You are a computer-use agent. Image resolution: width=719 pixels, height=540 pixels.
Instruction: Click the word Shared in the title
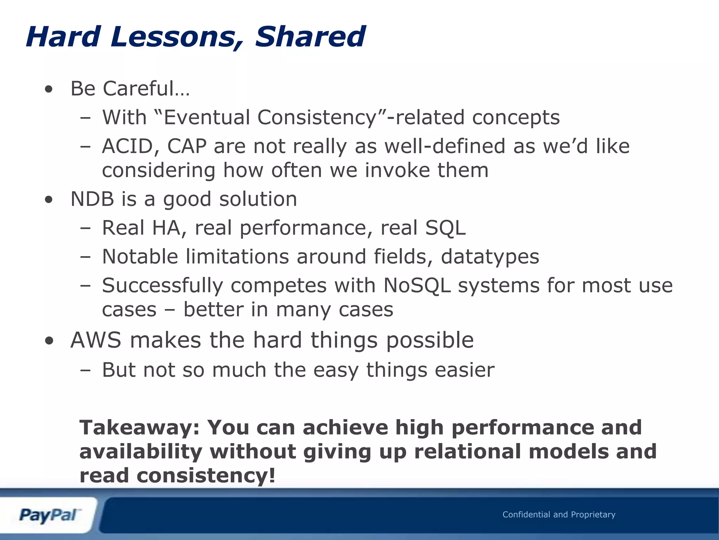(x=310, y=37)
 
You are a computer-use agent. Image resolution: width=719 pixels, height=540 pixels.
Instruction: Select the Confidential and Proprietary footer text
(x=559, y=515)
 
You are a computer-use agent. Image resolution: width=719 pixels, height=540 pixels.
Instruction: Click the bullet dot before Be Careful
(x=49, y=90)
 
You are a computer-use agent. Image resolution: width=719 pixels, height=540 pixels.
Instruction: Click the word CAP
(x=187, y=146)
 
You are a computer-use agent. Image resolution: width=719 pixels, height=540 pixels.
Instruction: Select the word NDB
(x=92, y=199)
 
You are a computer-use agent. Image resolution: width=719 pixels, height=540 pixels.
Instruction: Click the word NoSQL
(x=417, y=285)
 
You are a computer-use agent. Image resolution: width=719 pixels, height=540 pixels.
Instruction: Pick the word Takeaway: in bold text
(x=139, y=427)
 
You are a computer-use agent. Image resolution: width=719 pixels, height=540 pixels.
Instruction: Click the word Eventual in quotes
(x=207, y=117)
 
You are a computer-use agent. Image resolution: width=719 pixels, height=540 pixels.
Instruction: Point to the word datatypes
(x=490, y=257)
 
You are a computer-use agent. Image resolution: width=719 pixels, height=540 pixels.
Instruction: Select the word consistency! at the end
(x=206, y=475)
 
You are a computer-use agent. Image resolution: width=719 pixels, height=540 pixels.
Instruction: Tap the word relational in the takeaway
(x=468, y=451)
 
